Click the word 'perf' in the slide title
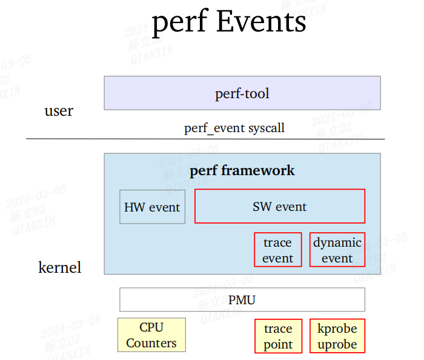179,22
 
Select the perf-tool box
242,93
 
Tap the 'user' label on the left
59,111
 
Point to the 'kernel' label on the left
59,267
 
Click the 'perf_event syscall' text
234,128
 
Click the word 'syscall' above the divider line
266,128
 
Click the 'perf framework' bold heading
242,170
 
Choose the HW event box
152,207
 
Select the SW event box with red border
279,207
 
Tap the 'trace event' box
277,250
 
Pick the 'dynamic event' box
337,250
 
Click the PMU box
242,299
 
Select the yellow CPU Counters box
151,335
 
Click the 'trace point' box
277,336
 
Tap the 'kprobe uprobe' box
337,336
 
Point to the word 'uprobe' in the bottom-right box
337,344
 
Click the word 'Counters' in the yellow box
151,343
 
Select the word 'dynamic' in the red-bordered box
337,243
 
